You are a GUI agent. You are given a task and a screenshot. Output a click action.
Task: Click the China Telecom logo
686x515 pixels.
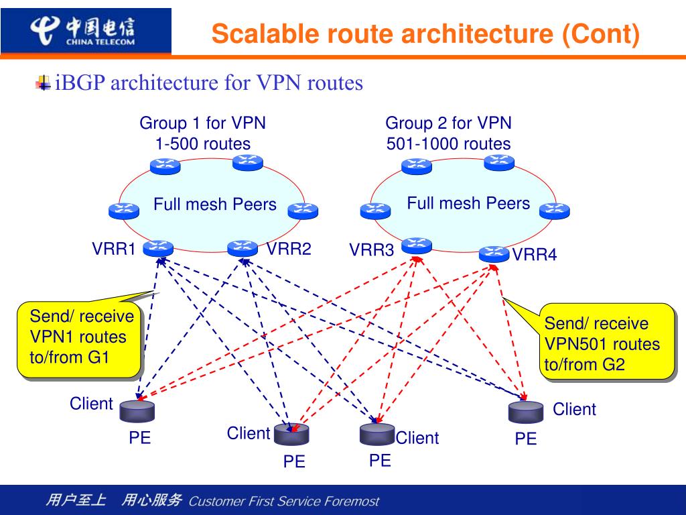(x=82, y=31)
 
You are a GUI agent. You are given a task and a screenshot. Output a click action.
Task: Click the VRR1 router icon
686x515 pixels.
(x=158, y=248)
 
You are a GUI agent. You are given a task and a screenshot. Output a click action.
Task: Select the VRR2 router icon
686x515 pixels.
(x=243, y=248)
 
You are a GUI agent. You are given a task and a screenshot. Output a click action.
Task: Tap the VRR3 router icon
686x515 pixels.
(x=417, y=245)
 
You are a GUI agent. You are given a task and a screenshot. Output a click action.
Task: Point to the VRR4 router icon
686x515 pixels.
(x=494, y=254)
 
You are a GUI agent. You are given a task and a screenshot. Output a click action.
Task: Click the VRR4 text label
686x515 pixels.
(x=535, y=254)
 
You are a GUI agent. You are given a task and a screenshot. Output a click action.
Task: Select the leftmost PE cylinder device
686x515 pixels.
(x=137, y=411)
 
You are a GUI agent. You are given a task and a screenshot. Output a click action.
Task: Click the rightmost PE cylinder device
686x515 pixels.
(x=526, y=412)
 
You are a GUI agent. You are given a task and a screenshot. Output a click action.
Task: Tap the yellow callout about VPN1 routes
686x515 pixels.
(x=80, y=339)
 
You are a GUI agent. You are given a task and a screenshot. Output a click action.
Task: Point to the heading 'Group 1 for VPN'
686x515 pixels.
(x=202, y=123)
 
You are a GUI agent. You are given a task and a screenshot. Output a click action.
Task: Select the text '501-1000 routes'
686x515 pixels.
(x=448, y=144)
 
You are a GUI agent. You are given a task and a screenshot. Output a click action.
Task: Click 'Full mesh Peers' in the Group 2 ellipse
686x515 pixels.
(x=468, y=203)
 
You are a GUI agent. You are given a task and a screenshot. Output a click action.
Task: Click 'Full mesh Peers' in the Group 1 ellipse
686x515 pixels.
(x=215, y=204)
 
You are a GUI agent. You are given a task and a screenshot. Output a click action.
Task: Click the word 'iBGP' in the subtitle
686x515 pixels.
(x=80, y=82)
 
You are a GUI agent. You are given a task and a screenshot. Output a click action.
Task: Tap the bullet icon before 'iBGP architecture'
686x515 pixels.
(x=43, y=82)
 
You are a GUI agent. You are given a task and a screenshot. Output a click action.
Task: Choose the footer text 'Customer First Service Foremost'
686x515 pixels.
(x=284, y=501)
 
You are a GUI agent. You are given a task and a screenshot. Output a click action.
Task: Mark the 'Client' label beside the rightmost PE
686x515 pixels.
(x=574, y=409)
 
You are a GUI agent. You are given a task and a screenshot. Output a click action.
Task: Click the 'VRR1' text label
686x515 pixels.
(x=114, y=249)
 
